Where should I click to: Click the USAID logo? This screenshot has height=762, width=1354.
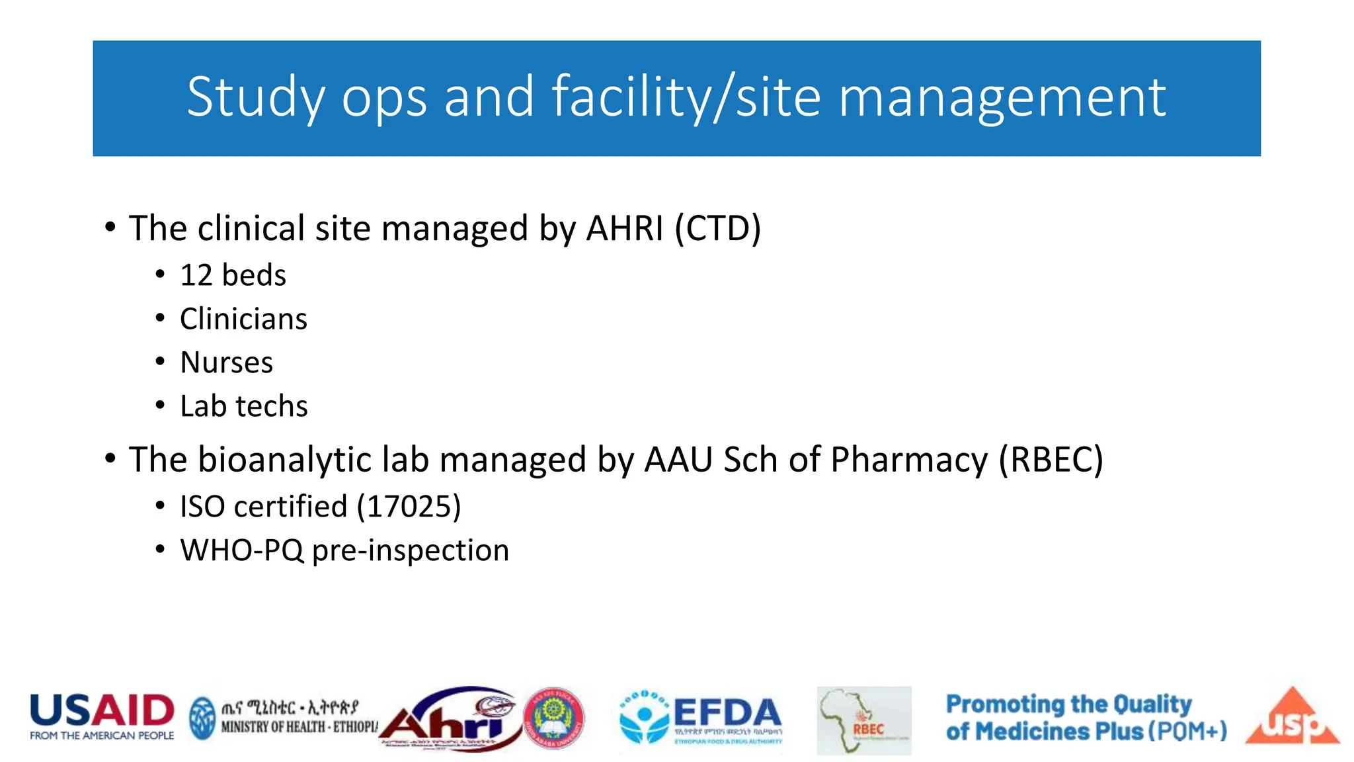point(102,716)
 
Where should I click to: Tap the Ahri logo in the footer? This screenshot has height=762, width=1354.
point(450,721)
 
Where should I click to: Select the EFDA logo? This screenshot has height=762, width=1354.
point(701,720)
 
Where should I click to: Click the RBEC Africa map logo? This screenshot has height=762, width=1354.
point(863,720)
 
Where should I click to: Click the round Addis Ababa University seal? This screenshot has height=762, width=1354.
point(554,719)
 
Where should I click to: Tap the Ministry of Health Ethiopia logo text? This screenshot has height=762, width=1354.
point(291,718)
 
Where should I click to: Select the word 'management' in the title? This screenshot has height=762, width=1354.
point(1002,97)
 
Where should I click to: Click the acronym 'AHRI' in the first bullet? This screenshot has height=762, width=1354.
point(624,229)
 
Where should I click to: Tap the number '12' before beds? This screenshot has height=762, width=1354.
point(196,275)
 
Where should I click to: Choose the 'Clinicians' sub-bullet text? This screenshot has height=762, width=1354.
point(243,319)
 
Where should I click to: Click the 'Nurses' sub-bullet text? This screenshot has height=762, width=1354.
point(226,362)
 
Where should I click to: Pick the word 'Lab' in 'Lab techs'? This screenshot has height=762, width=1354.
point(203,406)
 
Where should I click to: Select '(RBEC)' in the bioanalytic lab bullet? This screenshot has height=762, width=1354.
point(1050,460)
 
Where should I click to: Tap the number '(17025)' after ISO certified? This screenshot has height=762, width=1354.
point(409,507)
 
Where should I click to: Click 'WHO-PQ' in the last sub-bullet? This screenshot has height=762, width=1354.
point(241,550)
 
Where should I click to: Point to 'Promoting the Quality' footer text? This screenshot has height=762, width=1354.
point(1068,704)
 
